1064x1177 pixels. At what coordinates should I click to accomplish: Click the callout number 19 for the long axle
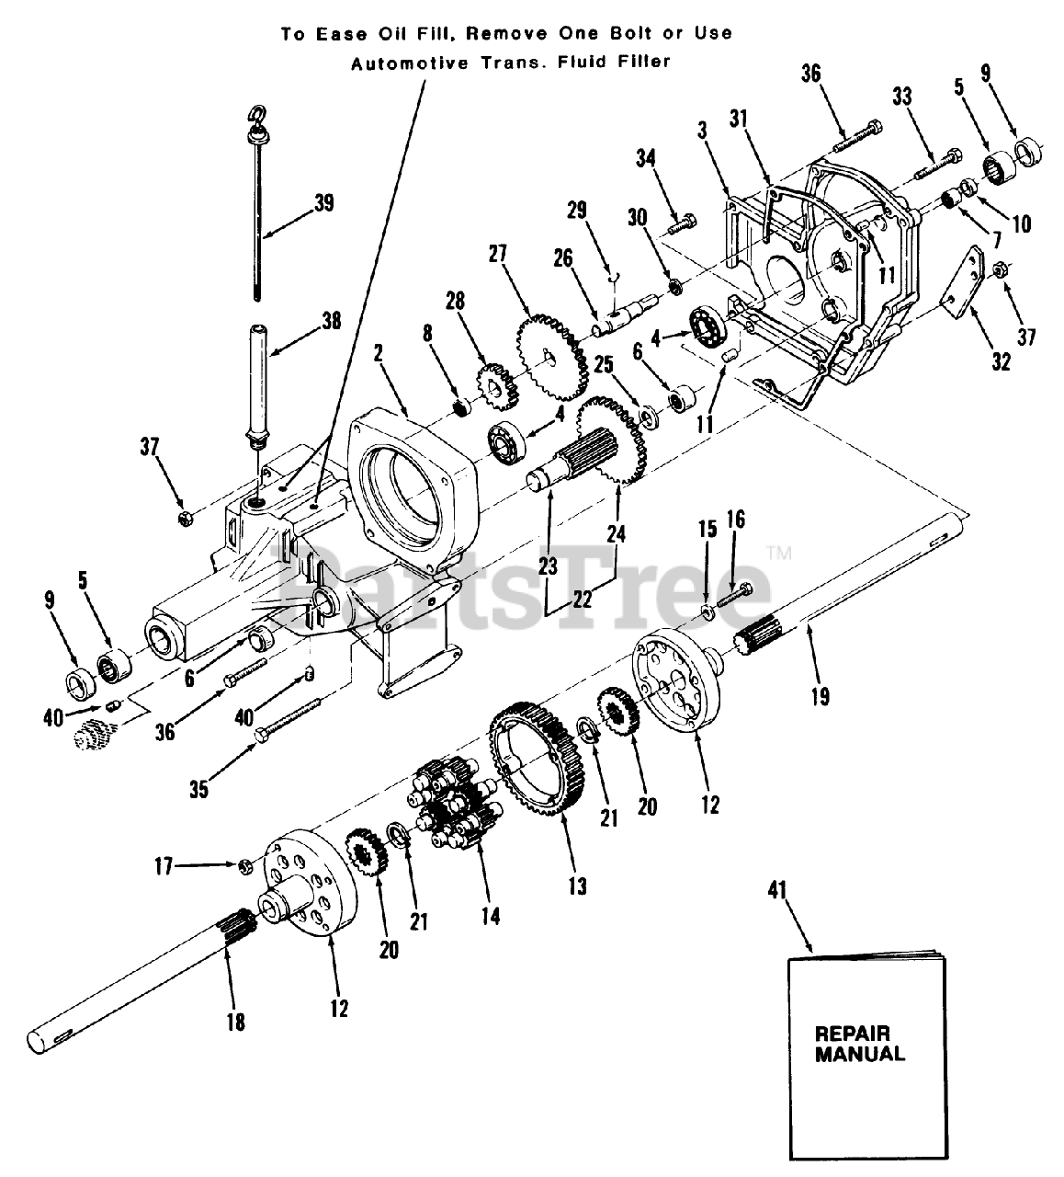click(820, 697)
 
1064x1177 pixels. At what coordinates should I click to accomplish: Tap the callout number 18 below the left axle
click(236, 1021)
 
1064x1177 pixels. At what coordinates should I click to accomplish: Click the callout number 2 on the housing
click(379, 352)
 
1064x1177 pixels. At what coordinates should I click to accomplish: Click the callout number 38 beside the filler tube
click(330, 321)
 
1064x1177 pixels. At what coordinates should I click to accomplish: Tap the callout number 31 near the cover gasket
click(739, 120)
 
